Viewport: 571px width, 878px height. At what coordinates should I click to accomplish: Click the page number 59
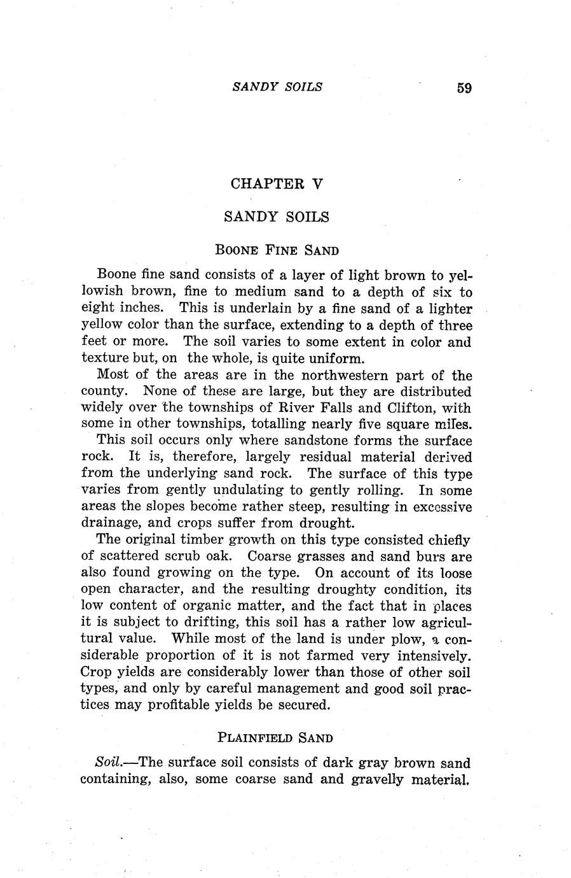click(x=464, y=88)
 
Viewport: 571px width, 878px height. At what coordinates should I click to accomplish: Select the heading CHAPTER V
click(x=277, y=184)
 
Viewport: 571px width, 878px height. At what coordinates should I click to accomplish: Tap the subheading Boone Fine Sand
click(x=277, y=250)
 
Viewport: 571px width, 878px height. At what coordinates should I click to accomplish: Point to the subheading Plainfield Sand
click(x=275, y=738)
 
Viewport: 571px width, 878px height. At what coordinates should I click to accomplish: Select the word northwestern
click(x=340, y=375)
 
